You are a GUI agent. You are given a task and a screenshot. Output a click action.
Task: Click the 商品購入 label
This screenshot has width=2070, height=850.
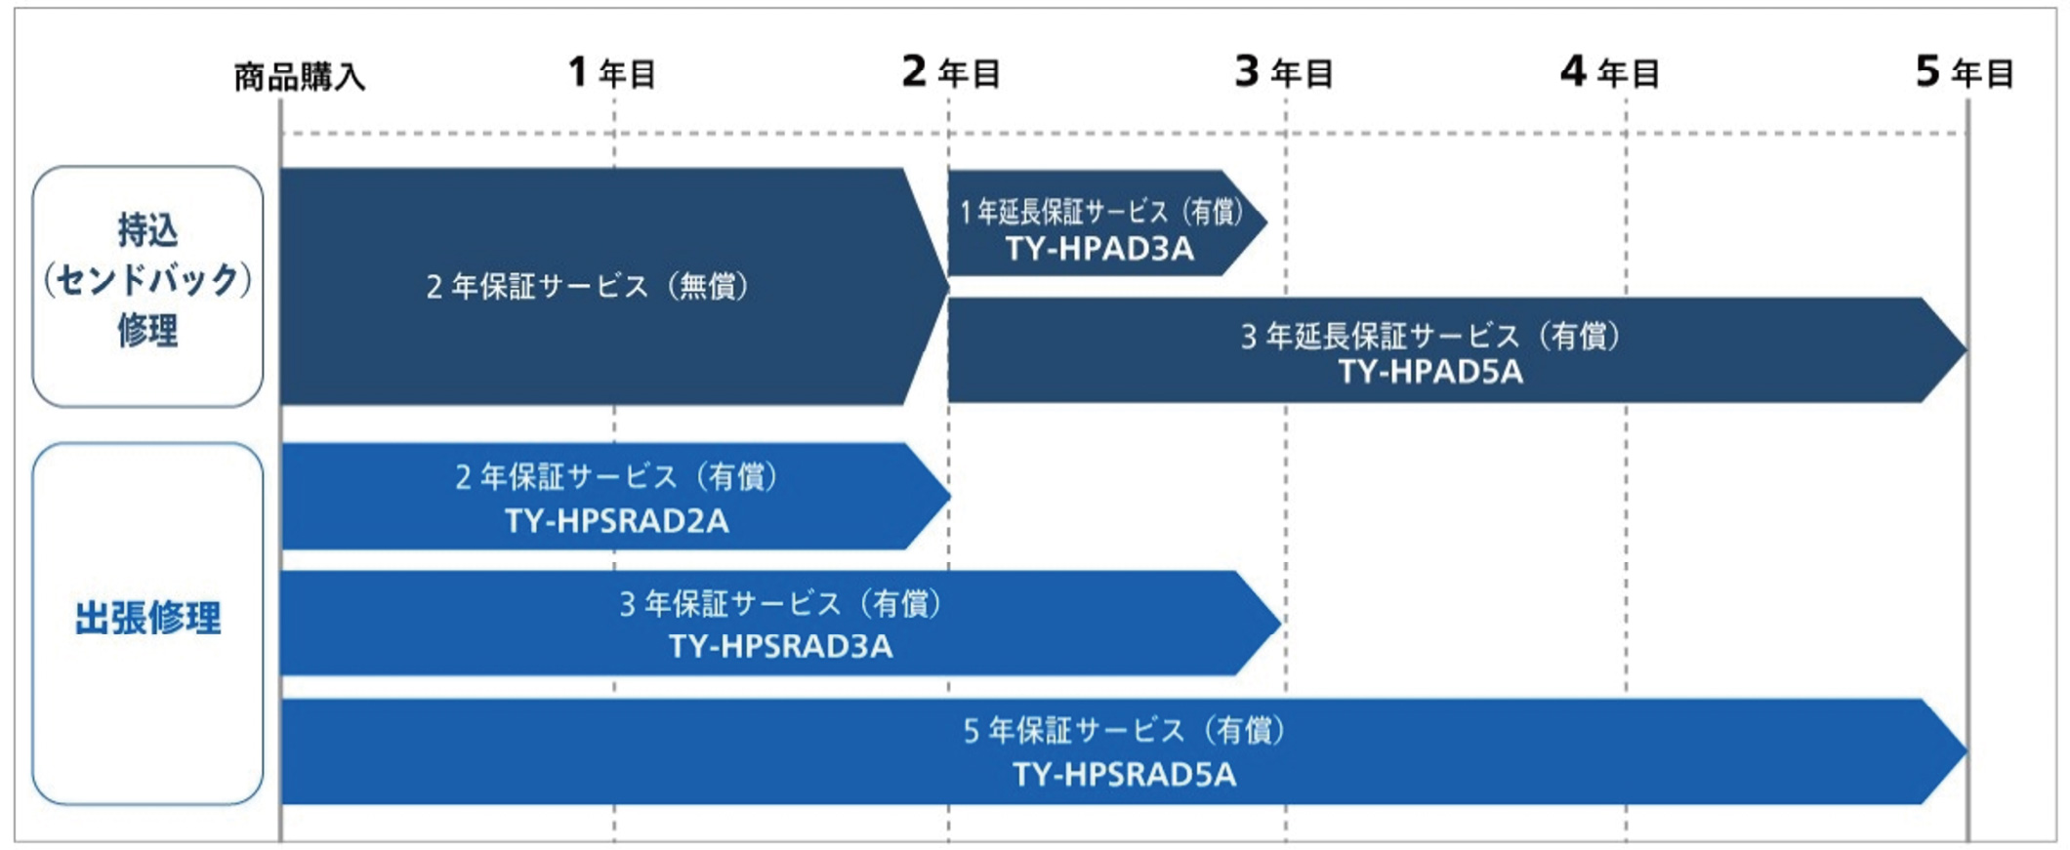[299, 76]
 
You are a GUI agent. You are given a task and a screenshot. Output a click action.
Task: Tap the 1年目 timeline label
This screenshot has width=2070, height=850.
[611, 72]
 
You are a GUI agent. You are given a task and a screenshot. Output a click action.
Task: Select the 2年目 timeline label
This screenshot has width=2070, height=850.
[950, 72]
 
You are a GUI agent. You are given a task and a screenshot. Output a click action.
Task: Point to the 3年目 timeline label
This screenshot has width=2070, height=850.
[1283, 72]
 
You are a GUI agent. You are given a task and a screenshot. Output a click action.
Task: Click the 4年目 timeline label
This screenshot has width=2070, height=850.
[1609, 72]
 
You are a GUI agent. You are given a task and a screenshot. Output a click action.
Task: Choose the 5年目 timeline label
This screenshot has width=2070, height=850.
[1964, 72]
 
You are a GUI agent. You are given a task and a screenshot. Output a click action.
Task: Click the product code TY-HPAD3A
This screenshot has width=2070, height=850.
[1099, 249]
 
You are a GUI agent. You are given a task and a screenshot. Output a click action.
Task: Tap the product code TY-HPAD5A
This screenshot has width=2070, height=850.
[1429, 372]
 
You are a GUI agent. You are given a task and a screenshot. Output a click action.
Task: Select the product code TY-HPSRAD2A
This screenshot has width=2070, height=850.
[616, 521]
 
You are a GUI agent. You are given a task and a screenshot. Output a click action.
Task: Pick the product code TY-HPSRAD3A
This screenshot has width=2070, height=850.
[780, 646]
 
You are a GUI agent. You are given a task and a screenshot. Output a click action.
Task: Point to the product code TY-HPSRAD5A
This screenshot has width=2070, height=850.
[1124, 775]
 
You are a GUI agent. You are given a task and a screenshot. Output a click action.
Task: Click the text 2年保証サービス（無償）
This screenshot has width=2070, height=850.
[587, 286]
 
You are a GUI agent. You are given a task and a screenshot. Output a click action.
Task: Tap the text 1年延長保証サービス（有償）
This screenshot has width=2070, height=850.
[1100, 211]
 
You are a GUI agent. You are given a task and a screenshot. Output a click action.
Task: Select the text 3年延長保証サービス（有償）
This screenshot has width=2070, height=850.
[1429, 336]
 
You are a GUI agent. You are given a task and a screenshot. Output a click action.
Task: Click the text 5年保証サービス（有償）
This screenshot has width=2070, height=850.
[1124, 730]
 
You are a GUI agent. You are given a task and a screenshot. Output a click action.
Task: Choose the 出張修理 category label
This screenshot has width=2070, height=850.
[147, 618]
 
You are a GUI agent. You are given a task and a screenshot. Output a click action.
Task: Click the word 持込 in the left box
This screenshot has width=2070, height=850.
[147, 230]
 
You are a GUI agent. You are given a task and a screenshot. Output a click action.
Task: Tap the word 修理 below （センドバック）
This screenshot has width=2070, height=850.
[147, 330]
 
